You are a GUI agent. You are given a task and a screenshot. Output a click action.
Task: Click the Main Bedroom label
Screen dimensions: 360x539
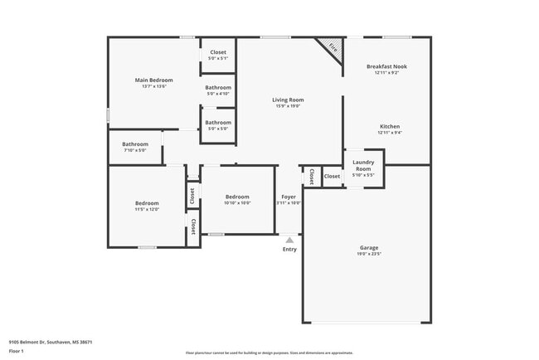(x=153, y=80)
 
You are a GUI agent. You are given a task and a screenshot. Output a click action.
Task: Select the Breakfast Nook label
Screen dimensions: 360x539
(x=386, y=66)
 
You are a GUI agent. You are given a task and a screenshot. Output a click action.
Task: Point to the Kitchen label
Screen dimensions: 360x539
(x=390, y=127)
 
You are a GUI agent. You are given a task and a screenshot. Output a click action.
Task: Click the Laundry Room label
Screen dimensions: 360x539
(x=363, y=165)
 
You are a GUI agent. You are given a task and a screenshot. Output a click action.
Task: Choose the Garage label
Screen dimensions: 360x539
(x=369, y=247)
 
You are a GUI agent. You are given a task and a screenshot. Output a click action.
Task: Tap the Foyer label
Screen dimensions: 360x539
(x=288, y=197)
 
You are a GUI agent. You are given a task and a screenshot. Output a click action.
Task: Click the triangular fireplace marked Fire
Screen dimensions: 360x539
(x=331, y=48)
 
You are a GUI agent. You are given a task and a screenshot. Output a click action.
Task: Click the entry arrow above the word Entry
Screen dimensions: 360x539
(x=289, y=239)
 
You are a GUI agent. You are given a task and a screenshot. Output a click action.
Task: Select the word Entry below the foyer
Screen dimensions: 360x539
(x=289, y=249)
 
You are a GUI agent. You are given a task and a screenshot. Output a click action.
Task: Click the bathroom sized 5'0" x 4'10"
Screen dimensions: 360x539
(x=218, y=90)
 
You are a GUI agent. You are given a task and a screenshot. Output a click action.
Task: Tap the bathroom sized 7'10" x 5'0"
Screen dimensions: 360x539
(x=134, y=147)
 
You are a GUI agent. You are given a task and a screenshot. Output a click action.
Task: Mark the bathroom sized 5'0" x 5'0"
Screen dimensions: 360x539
(x=218, y=125)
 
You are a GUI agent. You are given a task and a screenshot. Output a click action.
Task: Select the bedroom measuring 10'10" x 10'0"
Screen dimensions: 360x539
(x=237, y=200)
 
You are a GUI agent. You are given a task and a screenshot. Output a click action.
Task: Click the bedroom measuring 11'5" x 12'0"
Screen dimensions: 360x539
(x=147, y=206)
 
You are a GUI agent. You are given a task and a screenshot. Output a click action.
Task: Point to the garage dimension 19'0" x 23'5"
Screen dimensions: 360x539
(x=369, y=255)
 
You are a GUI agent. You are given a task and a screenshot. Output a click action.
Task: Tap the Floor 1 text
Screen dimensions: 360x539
(x=17, y=351)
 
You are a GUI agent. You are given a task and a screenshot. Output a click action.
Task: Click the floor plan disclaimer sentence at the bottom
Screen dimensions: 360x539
(x=269, y=352)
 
